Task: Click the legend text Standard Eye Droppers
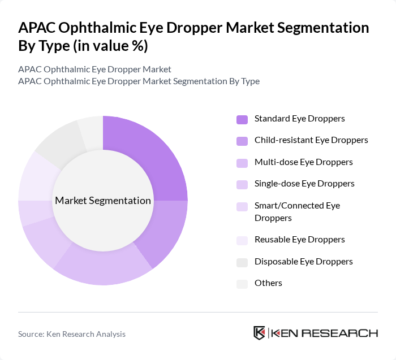coord(299,119)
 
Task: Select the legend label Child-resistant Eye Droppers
coord(311,140)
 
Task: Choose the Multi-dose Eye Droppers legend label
coord(303,162)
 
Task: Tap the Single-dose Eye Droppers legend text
coord(304,184)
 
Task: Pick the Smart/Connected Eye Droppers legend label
coord(297,211)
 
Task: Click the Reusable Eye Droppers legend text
coord(299,240)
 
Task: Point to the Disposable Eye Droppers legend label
coord(303,262)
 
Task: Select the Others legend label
coord(268,283)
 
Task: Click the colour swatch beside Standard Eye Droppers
coord(242,119)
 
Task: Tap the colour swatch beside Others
coord(242,284)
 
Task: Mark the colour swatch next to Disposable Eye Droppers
coord(242,262)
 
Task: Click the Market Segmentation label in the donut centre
coord(103,201)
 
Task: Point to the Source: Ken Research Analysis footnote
coord(72,334)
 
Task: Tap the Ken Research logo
coord(315,333)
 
